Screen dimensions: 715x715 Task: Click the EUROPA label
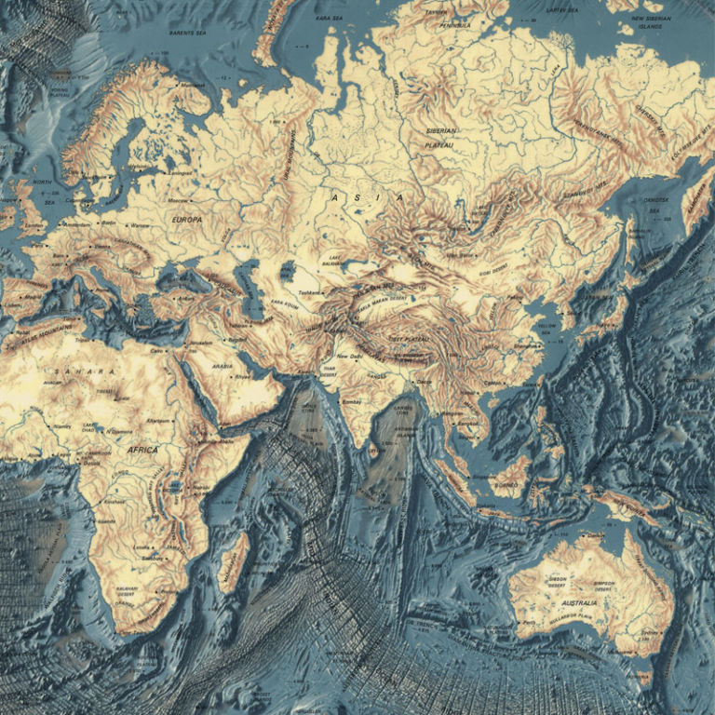pos(187,220)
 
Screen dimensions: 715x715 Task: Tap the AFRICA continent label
pos(142,450)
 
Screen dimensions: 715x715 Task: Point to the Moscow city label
pos(178,201)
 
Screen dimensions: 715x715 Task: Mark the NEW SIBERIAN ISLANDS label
pos(659,23)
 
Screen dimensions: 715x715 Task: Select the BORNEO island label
pos(510,483)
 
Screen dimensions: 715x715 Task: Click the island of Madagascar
pos(233,562)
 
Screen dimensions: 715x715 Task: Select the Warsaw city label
pos(139,225)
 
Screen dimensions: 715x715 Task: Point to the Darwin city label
pos(587,535)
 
